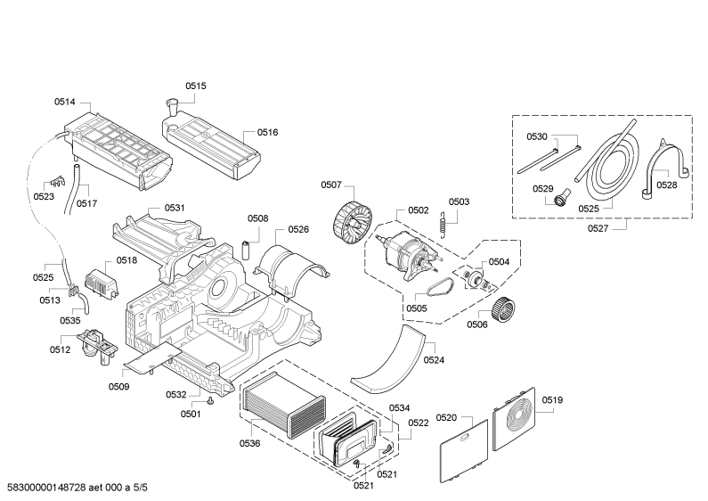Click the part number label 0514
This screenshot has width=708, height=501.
65,102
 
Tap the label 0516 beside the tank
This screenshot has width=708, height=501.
267,132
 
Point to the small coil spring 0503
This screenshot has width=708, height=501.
440,224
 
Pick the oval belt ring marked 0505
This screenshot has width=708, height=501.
439,288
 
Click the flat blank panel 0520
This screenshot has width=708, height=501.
464,449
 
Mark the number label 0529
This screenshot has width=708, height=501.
543,188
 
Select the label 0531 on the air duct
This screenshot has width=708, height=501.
175,208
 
